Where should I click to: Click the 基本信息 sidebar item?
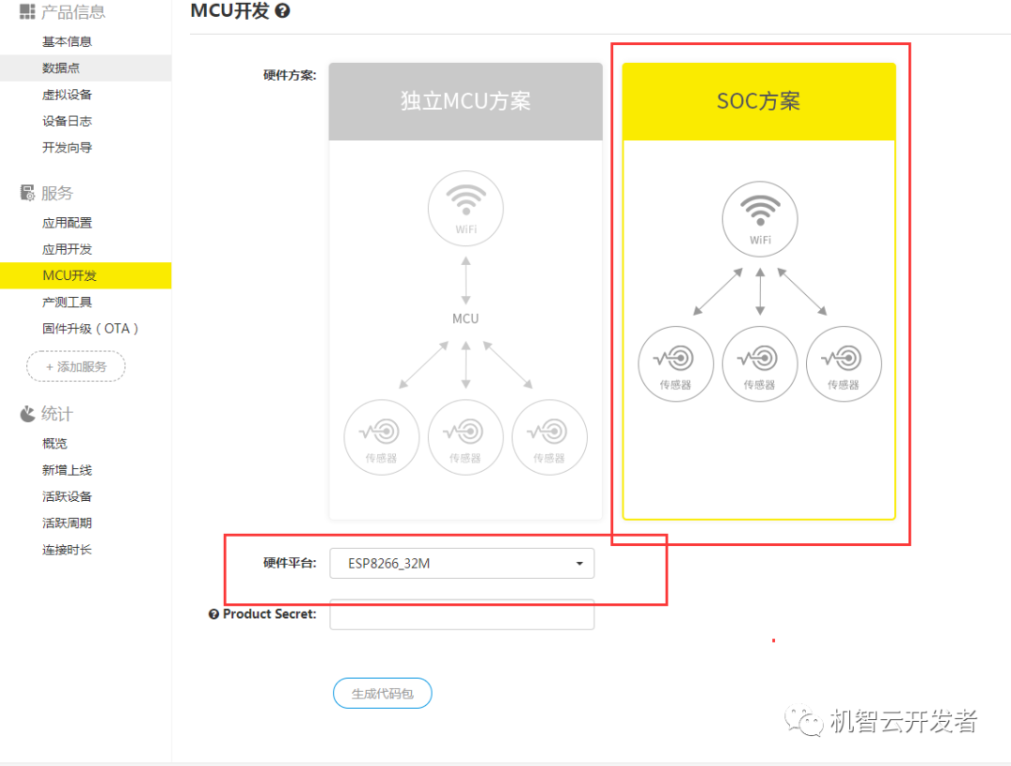(66, 41)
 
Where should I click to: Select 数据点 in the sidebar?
(61, 67)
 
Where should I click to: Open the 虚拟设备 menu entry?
(66, 95)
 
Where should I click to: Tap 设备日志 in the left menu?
(66, 121)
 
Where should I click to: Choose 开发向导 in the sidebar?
(66, 147)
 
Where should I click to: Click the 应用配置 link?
(66, 223)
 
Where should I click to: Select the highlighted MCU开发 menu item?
(69, 275)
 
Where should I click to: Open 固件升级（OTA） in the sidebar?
(90, 329)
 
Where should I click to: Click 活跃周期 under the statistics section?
(66, 523)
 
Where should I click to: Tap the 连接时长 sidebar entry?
(66, 550)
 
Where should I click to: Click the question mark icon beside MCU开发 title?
(282, 11)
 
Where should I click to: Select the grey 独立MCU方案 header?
(465, 102)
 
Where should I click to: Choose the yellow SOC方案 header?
(758, 102)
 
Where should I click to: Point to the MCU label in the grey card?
(465, 318)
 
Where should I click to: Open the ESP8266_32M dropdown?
(462, 564)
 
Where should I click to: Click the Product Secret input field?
(462, 614)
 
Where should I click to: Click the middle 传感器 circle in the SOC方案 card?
(759, 364)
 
